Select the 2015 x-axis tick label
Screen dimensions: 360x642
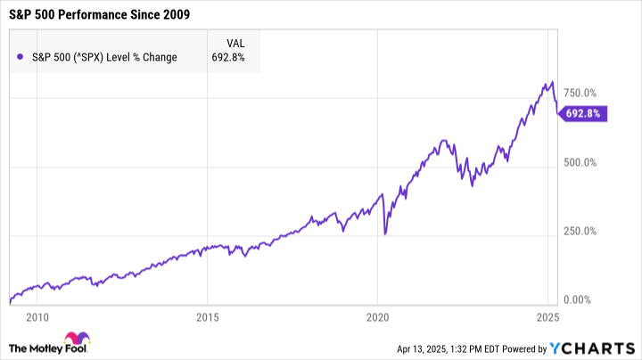tap(207, 316)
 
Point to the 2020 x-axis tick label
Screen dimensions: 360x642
tap(377, 316)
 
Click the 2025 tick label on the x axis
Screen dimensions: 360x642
tap(547, 316)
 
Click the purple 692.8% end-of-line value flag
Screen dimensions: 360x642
tap(583, 113)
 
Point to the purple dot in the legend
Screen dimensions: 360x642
tap(20, 58)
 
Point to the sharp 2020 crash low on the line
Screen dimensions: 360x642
tap(384, 234)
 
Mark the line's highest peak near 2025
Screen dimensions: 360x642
tap(552, 82)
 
